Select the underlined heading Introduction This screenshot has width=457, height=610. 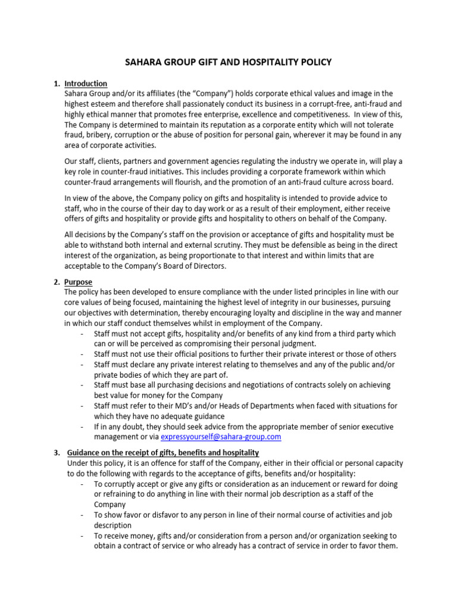(86, 83)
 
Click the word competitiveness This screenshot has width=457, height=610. (321, 114)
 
